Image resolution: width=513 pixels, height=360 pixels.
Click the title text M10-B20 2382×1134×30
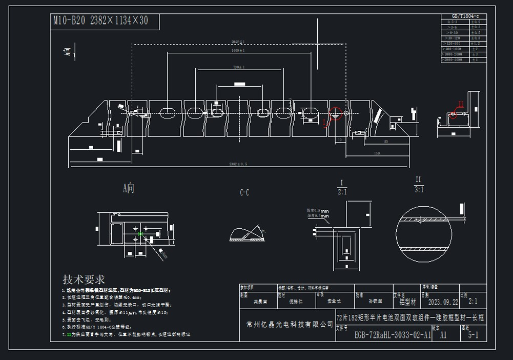coord(101,21)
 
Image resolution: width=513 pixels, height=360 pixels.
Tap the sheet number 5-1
coord(474,335)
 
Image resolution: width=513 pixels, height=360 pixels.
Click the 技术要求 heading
coord(84,279)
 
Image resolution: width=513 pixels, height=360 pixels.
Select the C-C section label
coord(244,193)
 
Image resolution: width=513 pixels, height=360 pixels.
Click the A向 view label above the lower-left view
coord(129,188)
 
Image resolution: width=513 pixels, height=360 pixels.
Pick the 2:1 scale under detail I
coord(342,192)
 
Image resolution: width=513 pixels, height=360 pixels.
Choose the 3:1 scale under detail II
coord(419,189)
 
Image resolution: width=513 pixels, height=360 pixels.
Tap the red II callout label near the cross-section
coord(460,104)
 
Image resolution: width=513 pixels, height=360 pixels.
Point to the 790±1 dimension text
coord(238,67)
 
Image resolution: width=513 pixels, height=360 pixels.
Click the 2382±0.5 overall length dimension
coord(238,164)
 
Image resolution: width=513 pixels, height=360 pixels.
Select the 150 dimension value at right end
coord(377,153)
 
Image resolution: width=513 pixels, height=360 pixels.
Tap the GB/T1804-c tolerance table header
coord(463,17)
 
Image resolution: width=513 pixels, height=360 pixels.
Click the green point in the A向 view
coord(140,234)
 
